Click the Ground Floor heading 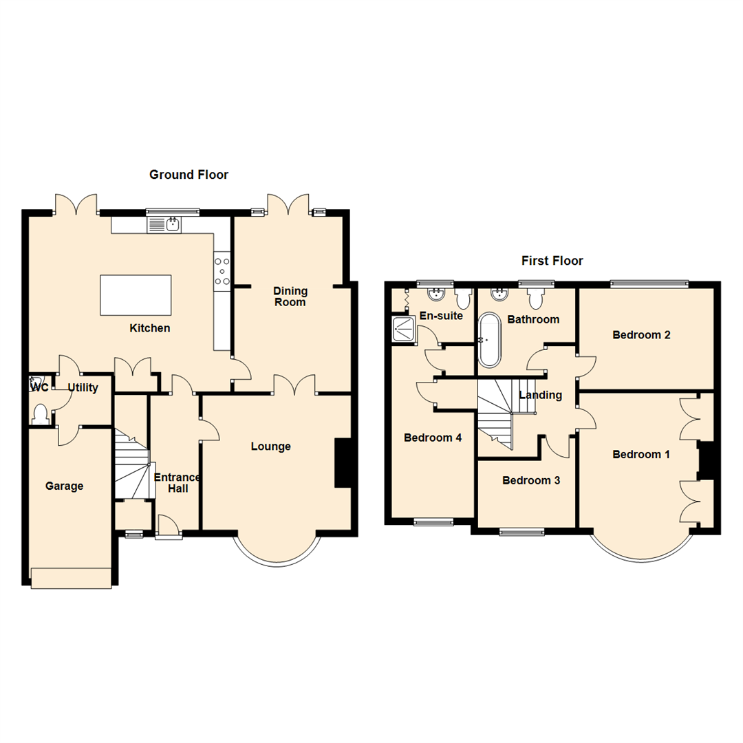189,175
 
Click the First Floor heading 552,261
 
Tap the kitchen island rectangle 136,294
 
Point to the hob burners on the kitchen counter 222,270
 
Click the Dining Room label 290,297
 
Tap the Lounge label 270,446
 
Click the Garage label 64,486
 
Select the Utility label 83,388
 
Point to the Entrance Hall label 177,483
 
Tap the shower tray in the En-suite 405,330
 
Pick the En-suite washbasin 436,295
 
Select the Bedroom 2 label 641,336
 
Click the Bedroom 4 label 433,438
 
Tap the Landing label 541,395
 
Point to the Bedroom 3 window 521,531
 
